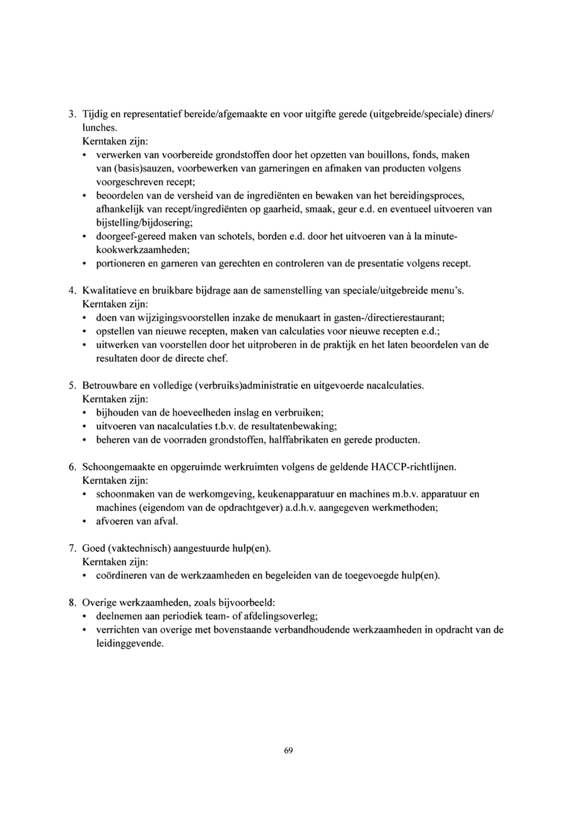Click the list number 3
coord(71,114)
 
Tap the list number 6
coord(71,467)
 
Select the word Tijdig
coord(95,114)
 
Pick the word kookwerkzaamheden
coord(143,250)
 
